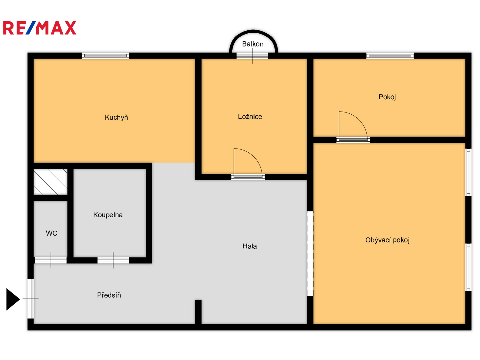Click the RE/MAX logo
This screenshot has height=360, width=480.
click(x=40, y=28)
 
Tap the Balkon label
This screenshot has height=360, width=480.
click(x=253, y=44)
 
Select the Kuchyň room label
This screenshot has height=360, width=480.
click(x=116, y=117)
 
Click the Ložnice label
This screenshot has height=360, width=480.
click(x=250, y=116)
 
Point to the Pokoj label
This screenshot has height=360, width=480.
click(x=387, y=97)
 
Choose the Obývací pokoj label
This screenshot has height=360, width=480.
click(x=387, y=240)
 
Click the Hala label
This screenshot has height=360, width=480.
click(x=249, y=246)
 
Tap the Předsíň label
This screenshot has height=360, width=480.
click(x=109, y=295)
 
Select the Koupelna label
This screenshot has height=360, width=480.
click(x=108, y=215)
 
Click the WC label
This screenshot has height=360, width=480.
click(x=51, y=233)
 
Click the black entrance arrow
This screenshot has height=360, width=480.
click(x=13, y=299)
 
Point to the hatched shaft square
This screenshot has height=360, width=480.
click(x=50, y=181)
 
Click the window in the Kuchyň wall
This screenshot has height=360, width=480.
click(x=105, y=56)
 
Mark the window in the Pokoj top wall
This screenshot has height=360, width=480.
click(x=390, y=56)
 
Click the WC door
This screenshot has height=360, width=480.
click(x=51, y=260)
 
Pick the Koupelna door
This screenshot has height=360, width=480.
click(x=113, y=260)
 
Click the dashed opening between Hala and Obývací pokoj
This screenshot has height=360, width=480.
click(x=310, y=254)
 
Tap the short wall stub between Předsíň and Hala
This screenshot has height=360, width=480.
click(x=198, y=312)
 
